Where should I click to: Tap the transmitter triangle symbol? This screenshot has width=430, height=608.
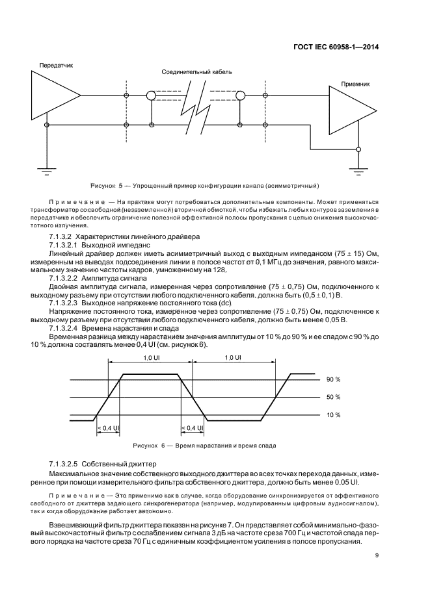point(53,95)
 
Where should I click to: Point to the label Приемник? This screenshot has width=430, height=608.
point(356,84)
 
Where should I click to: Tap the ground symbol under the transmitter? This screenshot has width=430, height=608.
point(46,171)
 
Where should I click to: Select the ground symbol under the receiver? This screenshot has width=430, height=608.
point(358,171)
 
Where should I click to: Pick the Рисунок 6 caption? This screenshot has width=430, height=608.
point(204,446)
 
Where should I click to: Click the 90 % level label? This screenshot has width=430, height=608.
point(333,379)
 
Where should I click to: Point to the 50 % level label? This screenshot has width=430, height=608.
point(333,397)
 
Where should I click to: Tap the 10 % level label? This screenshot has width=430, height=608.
point(333,414)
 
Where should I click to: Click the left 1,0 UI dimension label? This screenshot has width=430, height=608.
point(151,357)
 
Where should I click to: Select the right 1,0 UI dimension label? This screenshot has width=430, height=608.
point(232,357)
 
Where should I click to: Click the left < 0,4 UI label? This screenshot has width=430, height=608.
point(107,427)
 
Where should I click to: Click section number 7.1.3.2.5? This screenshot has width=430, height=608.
point(64,466)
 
